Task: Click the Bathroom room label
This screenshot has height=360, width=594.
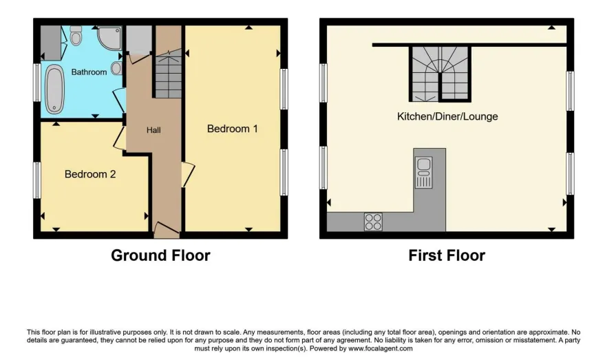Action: pos(89,72)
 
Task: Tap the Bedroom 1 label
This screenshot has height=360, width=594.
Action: pos(232,129)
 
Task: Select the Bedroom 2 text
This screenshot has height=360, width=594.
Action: pos(90,174)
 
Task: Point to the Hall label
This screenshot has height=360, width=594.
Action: pos(153,130)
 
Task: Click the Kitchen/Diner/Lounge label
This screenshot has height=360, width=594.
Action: pos(447,116)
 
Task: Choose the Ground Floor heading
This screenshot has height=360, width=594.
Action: pos(160,255)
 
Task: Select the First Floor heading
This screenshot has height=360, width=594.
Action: pos(447,255)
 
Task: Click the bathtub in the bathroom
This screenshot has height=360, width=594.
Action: pos(54,89)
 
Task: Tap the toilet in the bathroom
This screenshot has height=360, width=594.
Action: pos(76,35)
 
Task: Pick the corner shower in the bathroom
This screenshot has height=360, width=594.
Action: pos(110,38)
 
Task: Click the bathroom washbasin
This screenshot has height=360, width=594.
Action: pos(117,69)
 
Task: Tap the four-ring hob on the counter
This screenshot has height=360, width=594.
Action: pos(373,222)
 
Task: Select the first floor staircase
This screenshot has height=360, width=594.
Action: pos(440,74)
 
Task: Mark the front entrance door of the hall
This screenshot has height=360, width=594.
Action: pos(167,229)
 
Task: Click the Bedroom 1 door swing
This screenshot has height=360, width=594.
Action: pos(189,174)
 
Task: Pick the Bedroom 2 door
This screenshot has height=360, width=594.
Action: pos(120,138)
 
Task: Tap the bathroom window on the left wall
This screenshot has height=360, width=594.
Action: pos(36,83)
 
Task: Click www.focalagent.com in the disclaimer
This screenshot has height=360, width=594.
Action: pos(381,348)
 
